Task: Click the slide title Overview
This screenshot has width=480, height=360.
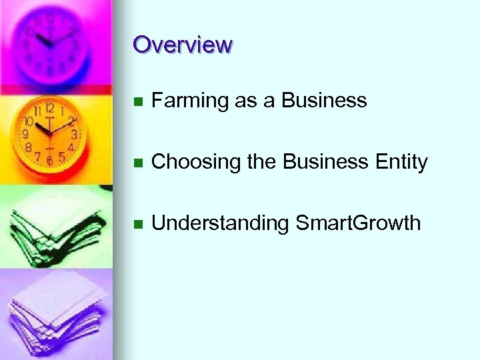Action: (x=182, y=45)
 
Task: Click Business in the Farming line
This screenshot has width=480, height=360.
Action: (x=324, y=101)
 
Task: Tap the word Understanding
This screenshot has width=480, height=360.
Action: (x=220, y=223)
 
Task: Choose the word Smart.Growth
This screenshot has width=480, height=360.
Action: (x=358, y=223)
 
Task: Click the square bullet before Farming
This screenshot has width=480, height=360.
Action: (x=137, y=102)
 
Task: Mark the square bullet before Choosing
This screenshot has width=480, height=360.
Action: (x=137, y=163)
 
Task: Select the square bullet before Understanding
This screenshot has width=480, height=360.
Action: (x=137, y=225)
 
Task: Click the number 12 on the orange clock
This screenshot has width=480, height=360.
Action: (x=49, y=109)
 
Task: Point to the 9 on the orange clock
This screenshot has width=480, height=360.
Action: (x=26, y=134)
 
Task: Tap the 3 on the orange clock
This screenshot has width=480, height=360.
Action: (x=73, y=134)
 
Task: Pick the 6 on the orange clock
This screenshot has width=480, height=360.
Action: (x=49, y=160)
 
